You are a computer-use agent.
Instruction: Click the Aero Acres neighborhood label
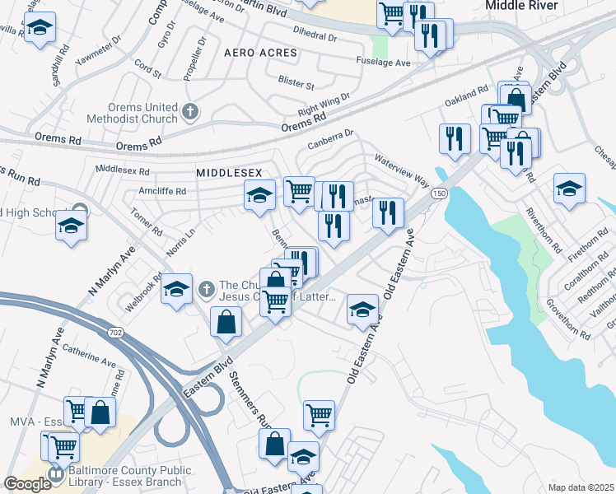tap(259, 53)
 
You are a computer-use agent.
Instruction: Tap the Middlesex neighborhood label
tap(229, 173)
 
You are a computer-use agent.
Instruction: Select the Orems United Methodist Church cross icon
tap(190, 112)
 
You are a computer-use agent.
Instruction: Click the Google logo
tap(28, 484)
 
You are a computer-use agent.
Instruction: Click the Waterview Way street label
tap(402, 169)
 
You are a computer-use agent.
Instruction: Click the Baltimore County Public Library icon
tap(56, 475)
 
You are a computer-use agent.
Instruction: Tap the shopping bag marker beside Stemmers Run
tap(226, 322)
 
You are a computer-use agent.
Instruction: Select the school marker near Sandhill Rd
tap(40, 29)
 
